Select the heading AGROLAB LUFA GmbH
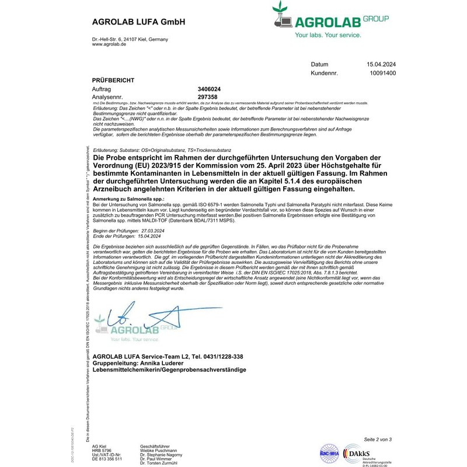138,22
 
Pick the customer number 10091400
383,74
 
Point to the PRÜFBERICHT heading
114,79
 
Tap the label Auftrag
102,89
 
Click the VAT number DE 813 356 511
107,459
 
